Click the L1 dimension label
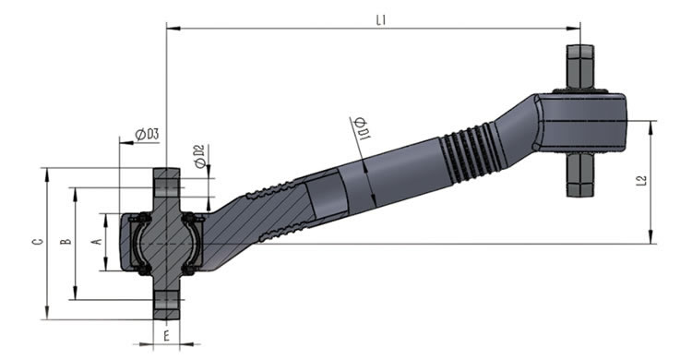pos(381,20)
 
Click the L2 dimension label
pos(642,180)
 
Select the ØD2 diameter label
pos(200,156)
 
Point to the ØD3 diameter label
pos(147,134)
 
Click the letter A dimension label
pos(97,242)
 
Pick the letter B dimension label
pos(66,242)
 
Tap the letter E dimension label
pos(166,337)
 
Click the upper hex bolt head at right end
pos(580,66)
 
